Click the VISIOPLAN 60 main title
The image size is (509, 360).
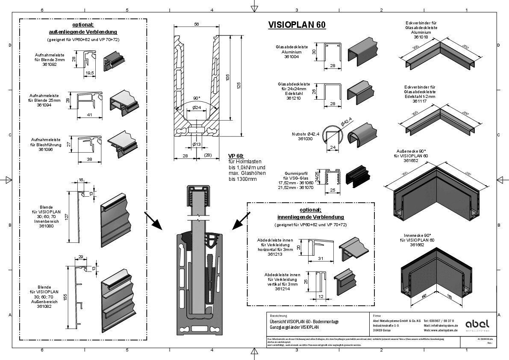[x=297, y=25]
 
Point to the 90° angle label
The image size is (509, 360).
[x=196, y=97]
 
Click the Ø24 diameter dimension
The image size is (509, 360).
[x=197, y=108]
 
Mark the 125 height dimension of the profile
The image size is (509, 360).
[x=239, y=86]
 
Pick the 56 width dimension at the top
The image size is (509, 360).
[x=196, y=24]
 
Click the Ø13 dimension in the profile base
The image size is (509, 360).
[x=197, y=145]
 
